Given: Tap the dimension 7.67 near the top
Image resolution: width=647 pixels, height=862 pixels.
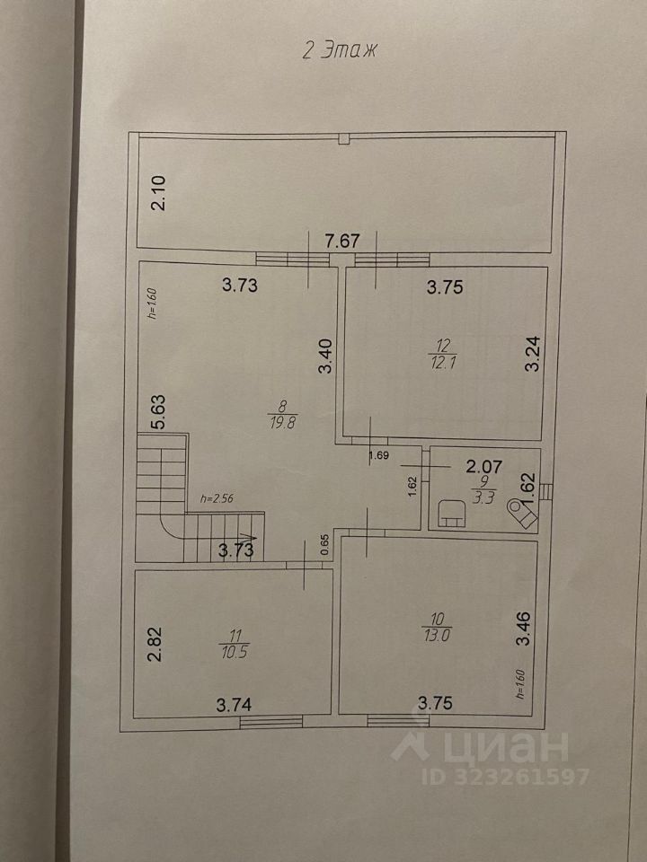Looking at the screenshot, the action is (x=342, y=241).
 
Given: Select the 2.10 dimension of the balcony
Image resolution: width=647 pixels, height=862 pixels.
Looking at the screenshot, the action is (x=158, y=192).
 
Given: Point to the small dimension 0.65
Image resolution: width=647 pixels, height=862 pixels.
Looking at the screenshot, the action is (x=324, y=544).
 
